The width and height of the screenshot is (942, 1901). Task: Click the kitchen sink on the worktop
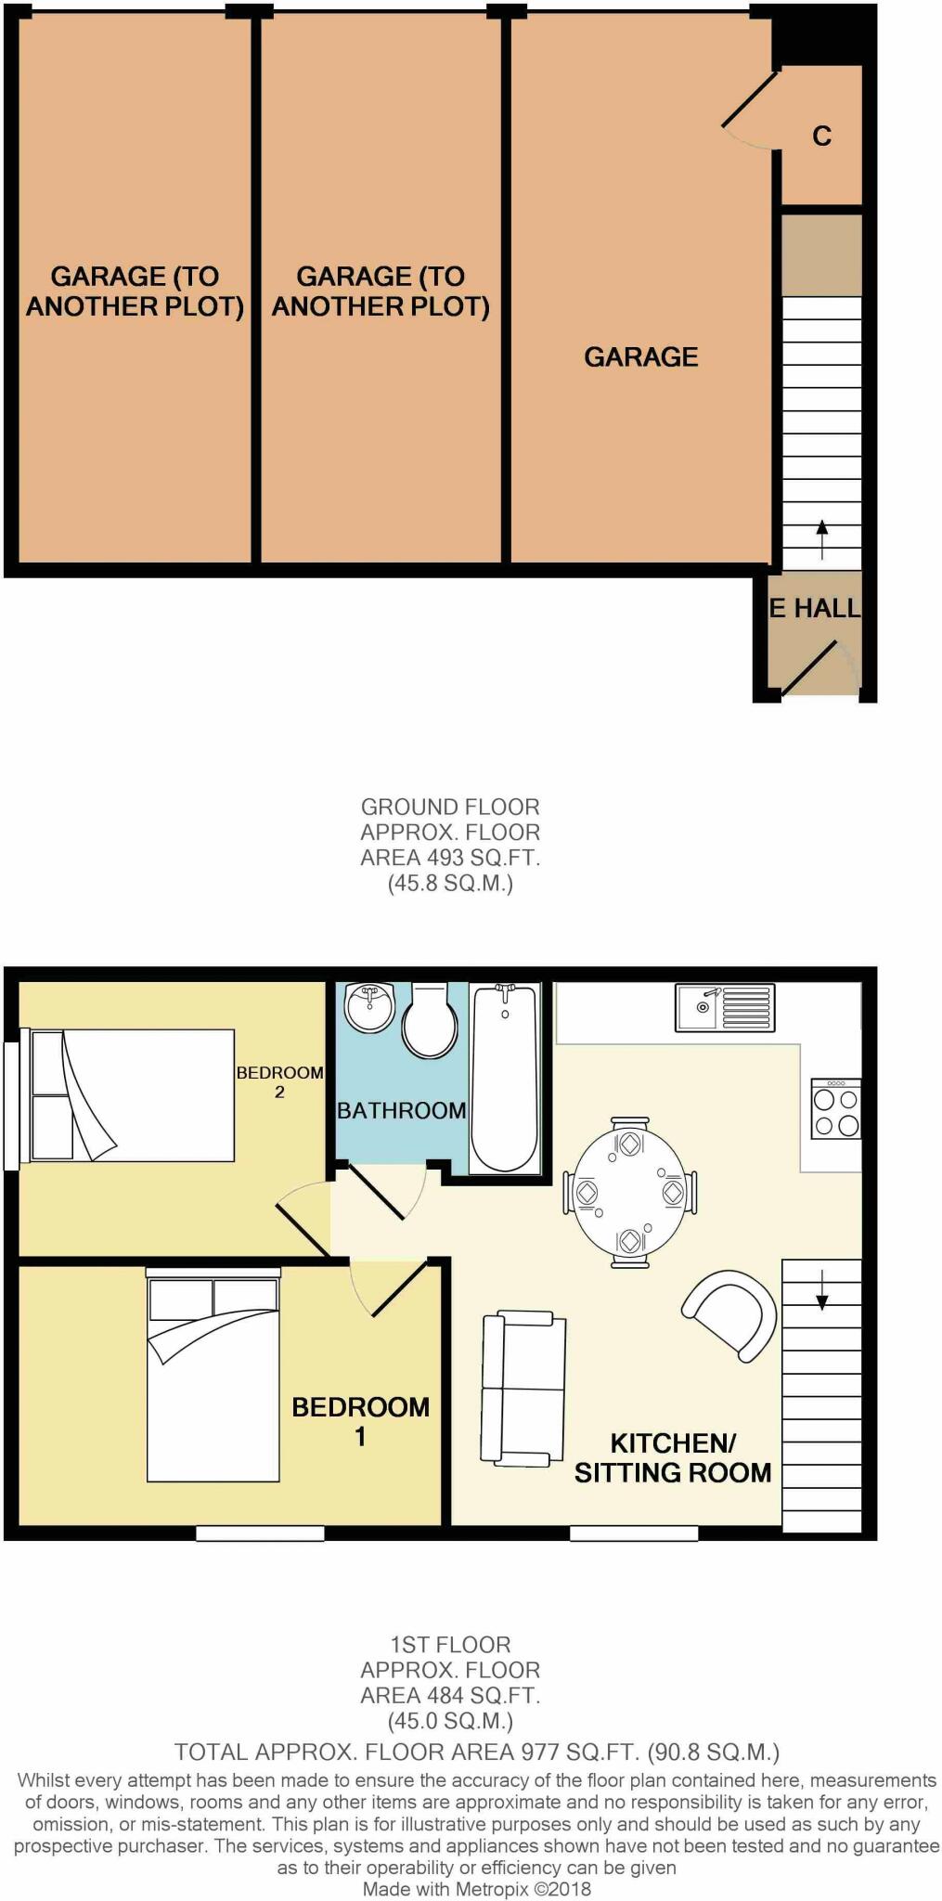pyautogui.click(x=724, y=1007)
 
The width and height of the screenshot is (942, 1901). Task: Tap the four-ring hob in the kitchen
pyautogui.click(x=835, y=1109)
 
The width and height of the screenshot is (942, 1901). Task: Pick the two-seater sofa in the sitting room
pyautogui.click(x=523, y=1389)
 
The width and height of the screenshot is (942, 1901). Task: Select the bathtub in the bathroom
pyautogui.click(x=506, y=1079)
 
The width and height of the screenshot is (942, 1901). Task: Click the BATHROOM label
pyautogui.click(x=401, y=1110)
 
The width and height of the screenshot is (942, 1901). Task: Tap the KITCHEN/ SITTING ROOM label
pyautogui.click(x=672, y=1457)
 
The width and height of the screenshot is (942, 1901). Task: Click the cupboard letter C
pyautogui.click(x=821, y=136)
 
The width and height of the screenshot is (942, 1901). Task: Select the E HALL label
pyautogui.click(x=815, y=608)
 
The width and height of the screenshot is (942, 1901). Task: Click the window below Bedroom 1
pyautogui.click(x=260, y=1534)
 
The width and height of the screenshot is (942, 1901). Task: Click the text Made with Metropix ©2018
pyautogui.click(x=476, y=1889)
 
